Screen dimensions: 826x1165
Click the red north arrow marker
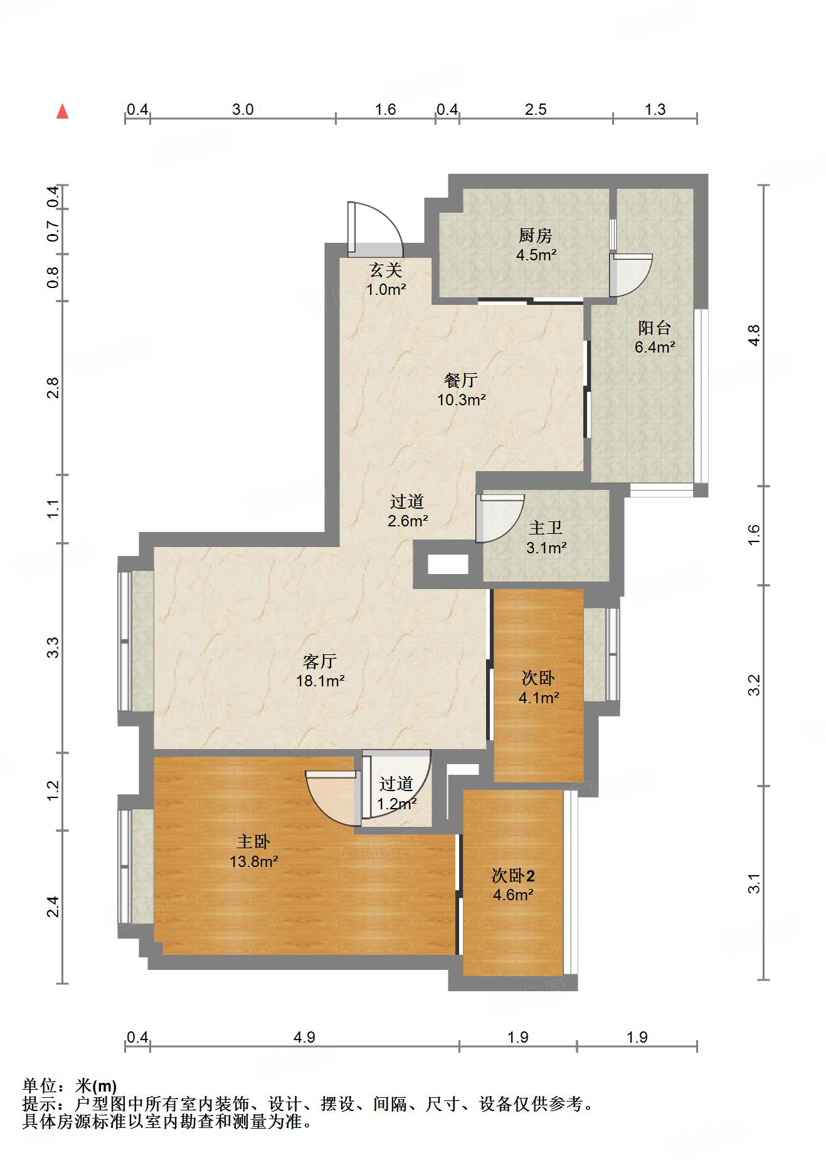[62, 111]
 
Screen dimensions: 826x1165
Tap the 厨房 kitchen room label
[536, 236]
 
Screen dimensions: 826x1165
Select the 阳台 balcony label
[654, 327]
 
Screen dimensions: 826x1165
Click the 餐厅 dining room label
[461, 380]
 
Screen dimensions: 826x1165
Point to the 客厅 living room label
[320, 661]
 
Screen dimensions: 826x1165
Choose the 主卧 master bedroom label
[253, 842]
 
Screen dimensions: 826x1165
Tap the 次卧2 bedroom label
[513, 875]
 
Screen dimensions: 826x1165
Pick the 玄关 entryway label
[385, 270]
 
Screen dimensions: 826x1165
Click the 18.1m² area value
[320, 681]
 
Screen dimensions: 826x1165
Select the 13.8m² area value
[254, 861]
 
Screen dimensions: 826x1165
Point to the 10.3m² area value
[462, 400]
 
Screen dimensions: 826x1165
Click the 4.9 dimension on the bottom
[304, 1037]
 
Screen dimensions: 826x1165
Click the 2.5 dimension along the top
[536, 109]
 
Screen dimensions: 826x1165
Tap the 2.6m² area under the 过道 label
[408, 521]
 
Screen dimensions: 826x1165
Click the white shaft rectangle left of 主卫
[448, 565]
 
